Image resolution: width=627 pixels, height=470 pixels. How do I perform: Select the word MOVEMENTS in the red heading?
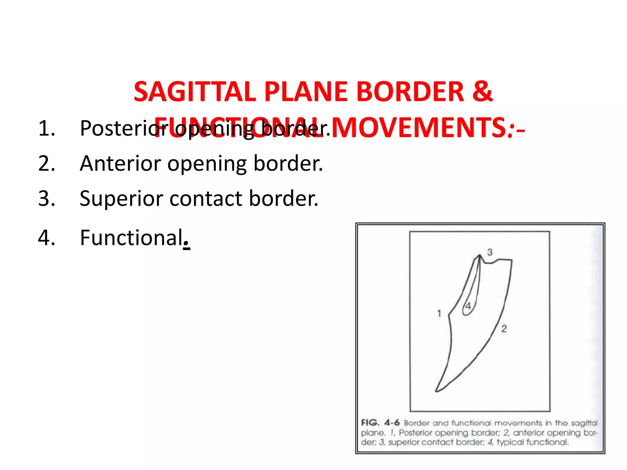pyautogui.click(x=419, y=128)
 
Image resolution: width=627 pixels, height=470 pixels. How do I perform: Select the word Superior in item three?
pyautogui.click(x=121, y=199)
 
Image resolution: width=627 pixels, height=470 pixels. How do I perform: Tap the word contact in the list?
pyautogui.click(x=206, y=198)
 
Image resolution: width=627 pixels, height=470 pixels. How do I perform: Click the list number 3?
pyautogui.click(x=47, y=198)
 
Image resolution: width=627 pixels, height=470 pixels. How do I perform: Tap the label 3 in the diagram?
pyautogui.click(x=490, y=252)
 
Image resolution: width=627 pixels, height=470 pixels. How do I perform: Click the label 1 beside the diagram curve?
pyautogui.click(x=439, y=313)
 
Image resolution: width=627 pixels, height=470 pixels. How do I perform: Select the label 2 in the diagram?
pyautogui.click(x=504, y=329)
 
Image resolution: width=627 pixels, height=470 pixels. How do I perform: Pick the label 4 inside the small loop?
pyautogui.click(x=468, y=306)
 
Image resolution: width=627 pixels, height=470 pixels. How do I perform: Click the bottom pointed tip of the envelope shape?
pyautogui.click(x=436, y=391)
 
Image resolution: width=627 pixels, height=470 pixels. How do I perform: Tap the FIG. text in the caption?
pyautogui.click(x=370, y=423)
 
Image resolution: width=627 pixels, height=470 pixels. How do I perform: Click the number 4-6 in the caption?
pyautogui.click(x=392, y=423)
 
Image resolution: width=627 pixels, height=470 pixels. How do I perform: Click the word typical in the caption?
pyautogui.click(x=510, y=442)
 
